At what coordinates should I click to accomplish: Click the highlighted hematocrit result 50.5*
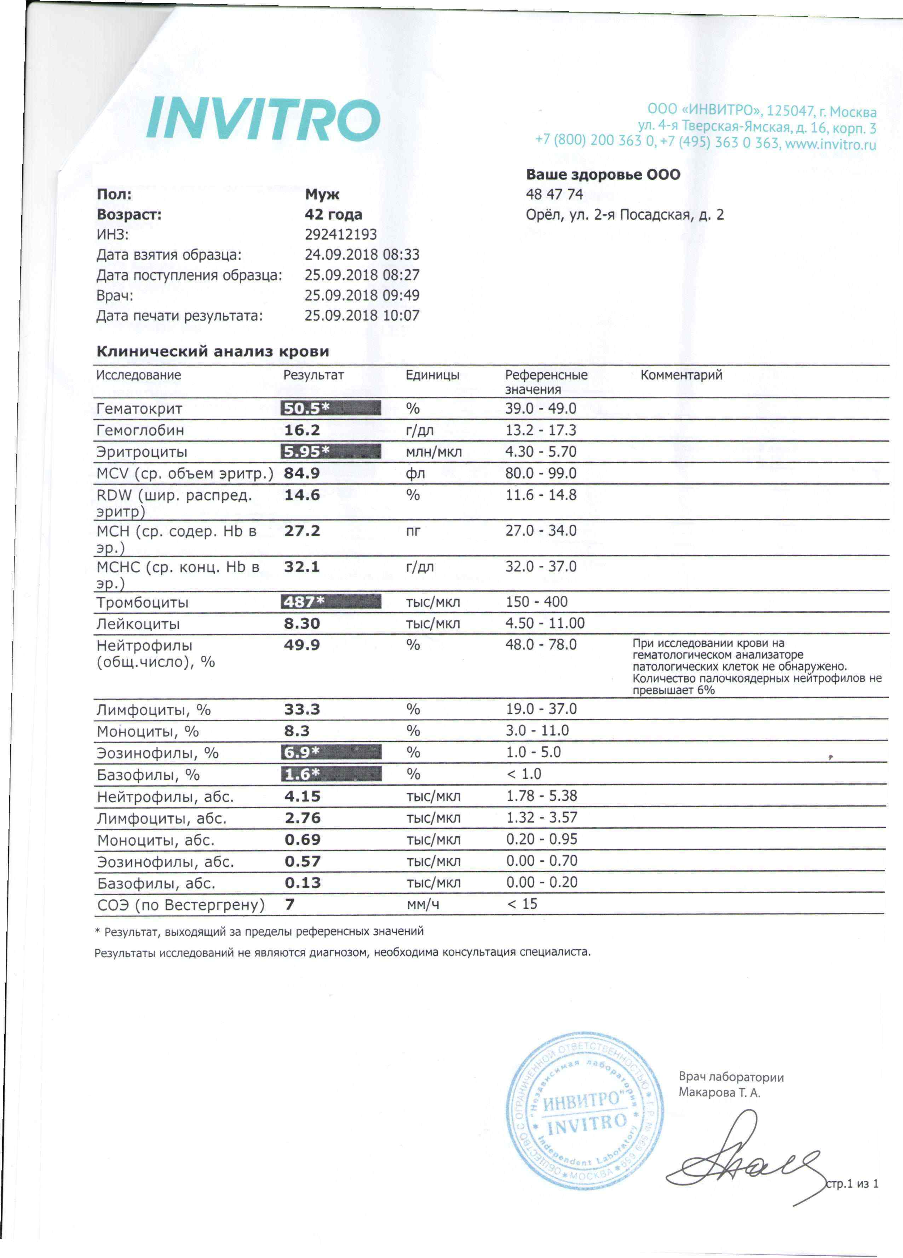pos(331,408)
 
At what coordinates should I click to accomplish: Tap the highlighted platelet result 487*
pos(331,602)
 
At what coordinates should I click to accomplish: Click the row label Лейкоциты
pos(138,624)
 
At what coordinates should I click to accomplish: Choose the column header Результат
pos(314,375)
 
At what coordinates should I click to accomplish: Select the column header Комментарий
pos(681,375)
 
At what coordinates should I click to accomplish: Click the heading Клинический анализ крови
pos(213,351)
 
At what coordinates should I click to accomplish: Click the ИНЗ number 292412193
pos(340,235)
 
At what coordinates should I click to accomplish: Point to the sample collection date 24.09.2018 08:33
pos(362,255)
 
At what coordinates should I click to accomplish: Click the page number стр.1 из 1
pos(852,1184)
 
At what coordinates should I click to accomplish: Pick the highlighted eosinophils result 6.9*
pos(331,753)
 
